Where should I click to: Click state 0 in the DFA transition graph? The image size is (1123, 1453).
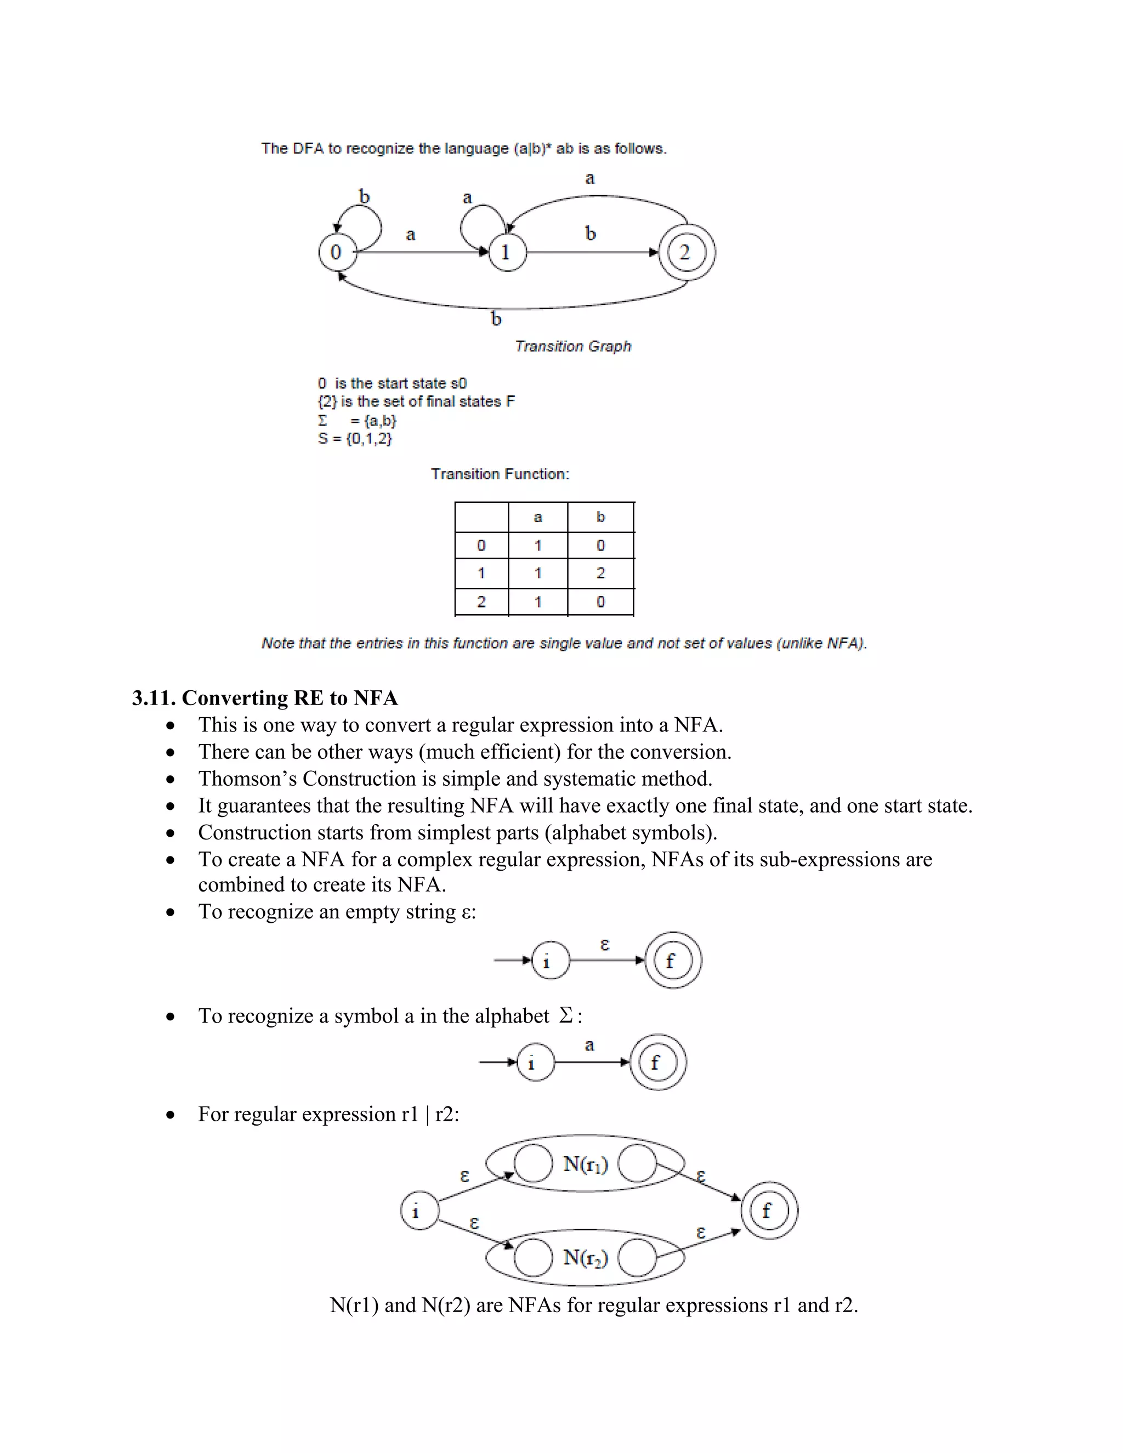click(x=337, y=252)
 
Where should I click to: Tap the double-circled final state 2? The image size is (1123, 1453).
click(x=687, y=252)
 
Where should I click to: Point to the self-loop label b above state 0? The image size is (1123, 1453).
click(x=364, y=197)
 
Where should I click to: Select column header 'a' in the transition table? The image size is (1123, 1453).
click(x=537, y=517)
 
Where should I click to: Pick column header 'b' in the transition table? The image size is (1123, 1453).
click(x=600, y=517)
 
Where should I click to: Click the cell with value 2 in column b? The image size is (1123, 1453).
click(x=600, y=573)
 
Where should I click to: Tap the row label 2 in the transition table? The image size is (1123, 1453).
click(x=481, y=601)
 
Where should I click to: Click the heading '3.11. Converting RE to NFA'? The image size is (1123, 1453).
click(x=265, y=698)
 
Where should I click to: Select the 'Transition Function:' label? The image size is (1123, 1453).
click(x=500, y=474)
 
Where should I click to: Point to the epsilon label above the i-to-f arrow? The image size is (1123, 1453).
click(x=604, y=944)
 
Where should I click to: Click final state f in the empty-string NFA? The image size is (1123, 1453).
click(x=673, y=960)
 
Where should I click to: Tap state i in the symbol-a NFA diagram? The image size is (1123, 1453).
click(x=535, y=1063)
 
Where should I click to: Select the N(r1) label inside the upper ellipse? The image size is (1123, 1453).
click(x=586, y=1163)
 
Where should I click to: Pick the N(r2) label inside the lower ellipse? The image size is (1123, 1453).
click(x=586, y=1257)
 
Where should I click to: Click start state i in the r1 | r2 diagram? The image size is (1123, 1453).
click(x=419, y=1211)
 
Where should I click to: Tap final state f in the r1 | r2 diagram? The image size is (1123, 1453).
click(x=769, y=1211)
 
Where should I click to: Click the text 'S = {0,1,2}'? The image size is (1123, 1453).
click(x=355, y=439)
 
